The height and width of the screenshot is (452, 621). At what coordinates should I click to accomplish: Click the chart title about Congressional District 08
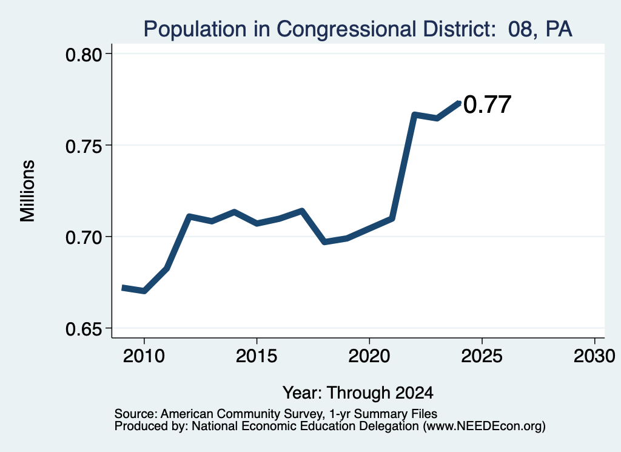[x=358, y=29]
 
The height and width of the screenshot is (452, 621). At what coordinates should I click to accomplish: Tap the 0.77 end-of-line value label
[x=487, y=104]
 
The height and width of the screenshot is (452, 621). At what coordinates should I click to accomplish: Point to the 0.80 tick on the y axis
[x=84, y=55]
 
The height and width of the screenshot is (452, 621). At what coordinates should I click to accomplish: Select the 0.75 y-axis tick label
[x=84, y=146]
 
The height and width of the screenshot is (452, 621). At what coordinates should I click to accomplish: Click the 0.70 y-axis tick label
[x=84, y=238]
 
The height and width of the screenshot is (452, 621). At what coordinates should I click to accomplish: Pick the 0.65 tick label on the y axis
[x=84, y=329]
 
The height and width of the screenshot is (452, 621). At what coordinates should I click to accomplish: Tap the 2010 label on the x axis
[x=144, y=356]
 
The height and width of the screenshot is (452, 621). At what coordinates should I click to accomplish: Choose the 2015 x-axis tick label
[x=257, y=356]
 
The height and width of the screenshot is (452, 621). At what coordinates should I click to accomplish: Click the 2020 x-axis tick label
[x=369, y=356]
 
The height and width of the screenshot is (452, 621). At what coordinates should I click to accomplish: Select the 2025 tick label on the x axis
[x=482, y=356]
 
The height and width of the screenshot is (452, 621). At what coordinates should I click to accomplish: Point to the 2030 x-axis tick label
[x=594, y=356]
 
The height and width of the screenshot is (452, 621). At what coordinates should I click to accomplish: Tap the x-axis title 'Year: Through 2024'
[x=358, y=393]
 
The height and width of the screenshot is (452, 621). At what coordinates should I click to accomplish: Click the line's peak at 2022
[x=414, y=115]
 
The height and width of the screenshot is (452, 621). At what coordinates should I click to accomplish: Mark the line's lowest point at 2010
[x=144, y=291]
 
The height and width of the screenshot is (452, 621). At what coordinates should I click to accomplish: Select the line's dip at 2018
[x=324, y=241]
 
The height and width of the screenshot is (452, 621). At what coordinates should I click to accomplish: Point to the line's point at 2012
[x=189, y=217]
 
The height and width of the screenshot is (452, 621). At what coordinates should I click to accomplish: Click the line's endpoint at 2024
[x=459, y=103]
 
